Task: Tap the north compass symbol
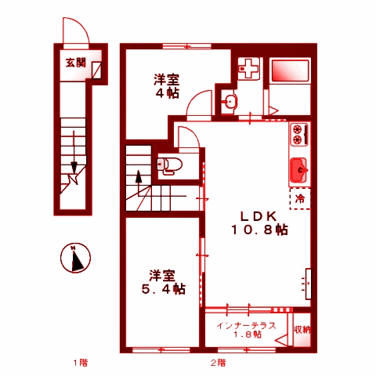(76, 258)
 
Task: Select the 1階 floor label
(81, 363)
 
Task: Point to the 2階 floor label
(219, 363)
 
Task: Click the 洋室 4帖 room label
(166, 86)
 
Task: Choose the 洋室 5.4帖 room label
(163, 282)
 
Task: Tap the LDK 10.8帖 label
(258, 223)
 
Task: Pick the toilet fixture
(168, 164)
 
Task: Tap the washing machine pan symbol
(249, 69)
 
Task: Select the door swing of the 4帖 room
(202, 103)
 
